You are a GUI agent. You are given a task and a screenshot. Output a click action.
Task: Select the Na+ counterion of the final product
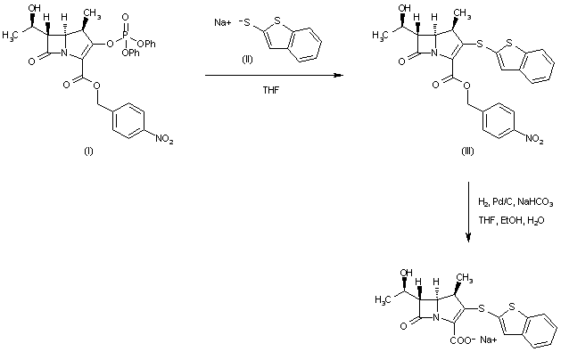489,340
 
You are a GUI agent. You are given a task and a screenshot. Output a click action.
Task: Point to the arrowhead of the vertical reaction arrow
469,238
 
